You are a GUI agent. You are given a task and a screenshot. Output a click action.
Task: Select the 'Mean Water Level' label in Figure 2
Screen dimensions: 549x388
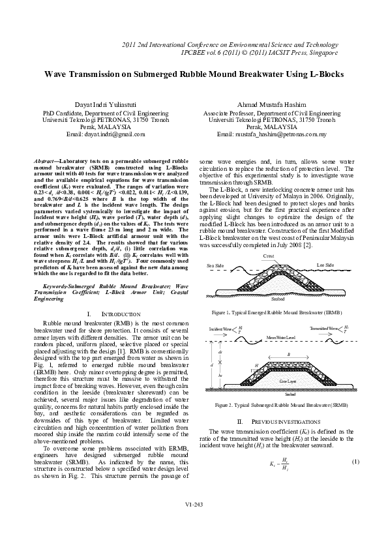(278, 337)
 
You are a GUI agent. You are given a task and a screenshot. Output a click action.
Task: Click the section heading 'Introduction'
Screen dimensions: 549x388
(108, 315)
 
